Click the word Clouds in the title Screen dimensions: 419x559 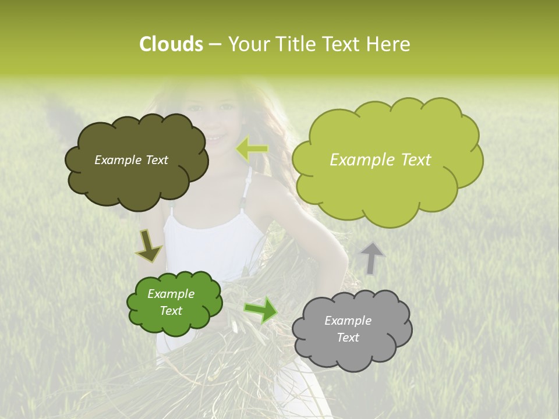tap(171, 44)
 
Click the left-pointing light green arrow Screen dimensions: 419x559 tap(252, 149)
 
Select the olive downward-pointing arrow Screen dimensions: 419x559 tap(149, 246)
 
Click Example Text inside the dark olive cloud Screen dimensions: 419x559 tap(131, 160)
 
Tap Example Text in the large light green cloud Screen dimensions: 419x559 tap(380, 160)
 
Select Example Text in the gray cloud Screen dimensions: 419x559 tap(348, 329)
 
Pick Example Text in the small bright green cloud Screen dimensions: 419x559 tap(171, 302)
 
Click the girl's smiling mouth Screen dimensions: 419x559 tap(217, 139)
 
